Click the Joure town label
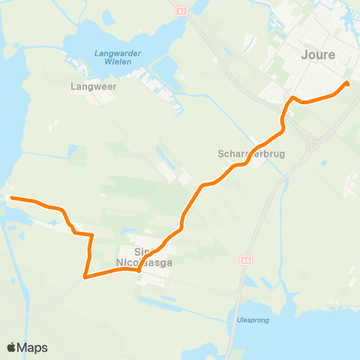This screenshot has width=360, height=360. click(318, 55)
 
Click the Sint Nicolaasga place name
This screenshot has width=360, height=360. click(143, 256)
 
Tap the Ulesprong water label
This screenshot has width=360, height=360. click(253, 320)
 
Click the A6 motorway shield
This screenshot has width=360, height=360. click(244, 259)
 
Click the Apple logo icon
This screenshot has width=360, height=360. click(12, 347)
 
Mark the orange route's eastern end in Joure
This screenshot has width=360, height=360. click(346, 83)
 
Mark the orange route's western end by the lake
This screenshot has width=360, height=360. click(11, 197)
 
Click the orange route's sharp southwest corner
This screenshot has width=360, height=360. click(85, 277)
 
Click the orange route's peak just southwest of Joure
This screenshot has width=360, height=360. click(292, 97)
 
